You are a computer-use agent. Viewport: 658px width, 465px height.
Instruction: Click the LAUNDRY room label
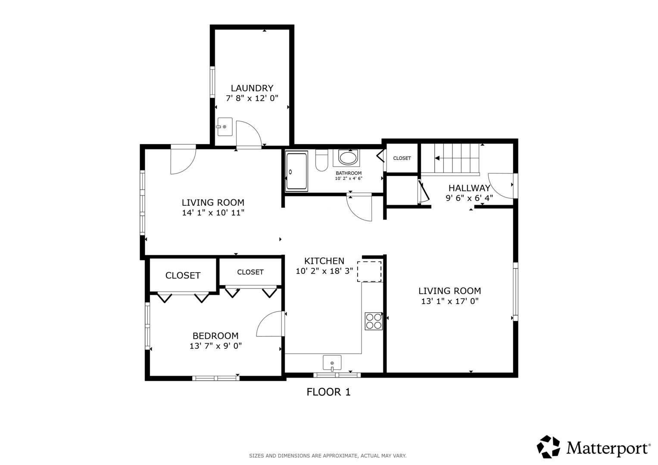[x=252, y=88]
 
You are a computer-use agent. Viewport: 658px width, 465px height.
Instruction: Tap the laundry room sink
[x=225, y=127]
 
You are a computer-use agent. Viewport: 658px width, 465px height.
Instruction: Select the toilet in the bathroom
[x=321, y=160]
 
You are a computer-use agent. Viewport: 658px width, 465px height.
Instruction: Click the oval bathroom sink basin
[x=348, y=158]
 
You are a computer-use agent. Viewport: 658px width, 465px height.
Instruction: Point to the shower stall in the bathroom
[x=297, y=171]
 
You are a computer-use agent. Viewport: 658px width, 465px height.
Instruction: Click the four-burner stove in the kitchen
[x=374, y=321]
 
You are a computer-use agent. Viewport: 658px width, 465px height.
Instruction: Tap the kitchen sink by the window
[x=332, y=363]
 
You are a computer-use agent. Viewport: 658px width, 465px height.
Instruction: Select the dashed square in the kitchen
[x=369, y=272]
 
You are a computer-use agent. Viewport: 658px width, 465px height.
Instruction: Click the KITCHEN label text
[x=324, y=261]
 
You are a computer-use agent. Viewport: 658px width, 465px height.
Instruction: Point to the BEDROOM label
[x=215, y=335]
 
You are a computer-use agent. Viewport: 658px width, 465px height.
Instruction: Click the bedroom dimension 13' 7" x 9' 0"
[x=215, y=346]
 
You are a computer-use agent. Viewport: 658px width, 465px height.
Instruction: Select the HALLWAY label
[x=469, y=188]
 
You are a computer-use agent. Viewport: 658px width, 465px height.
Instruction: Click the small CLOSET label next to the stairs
[x=402, y=158]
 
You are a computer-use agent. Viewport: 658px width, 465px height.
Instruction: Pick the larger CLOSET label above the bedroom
[x=183, y=276]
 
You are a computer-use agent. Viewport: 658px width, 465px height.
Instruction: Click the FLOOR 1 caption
[x=328, y=392]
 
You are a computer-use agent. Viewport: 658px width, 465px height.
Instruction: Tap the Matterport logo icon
[x=548, y=447]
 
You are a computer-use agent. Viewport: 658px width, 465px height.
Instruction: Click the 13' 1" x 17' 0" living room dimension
[x=450, y=301]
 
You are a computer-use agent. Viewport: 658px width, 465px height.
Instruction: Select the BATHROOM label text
[x=349, y=173]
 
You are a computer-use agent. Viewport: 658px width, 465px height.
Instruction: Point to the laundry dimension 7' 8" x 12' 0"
[x=252, y=98]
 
